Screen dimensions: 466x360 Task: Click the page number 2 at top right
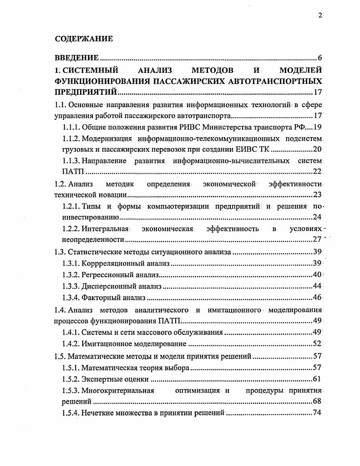tap(320, 15)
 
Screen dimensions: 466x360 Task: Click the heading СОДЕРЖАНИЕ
tap(84, 39)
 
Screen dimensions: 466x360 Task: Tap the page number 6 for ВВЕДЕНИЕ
tap(320, 58)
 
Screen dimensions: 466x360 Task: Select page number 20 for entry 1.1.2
tap(318, 149)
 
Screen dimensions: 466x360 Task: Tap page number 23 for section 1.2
tap(318, 195)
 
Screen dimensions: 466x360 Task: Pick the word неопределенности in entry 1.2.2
tap(93, 239)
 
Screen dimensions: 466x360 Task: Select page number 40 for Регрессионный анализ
tap(318, 275)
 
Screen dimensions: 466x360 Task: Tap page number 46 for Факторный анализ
tap(318, 298)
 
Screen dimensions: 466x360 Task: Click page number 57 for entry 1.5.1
tap(318, 367)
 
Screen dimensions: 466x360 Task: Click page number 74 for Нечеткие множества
tap(318, 413)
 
